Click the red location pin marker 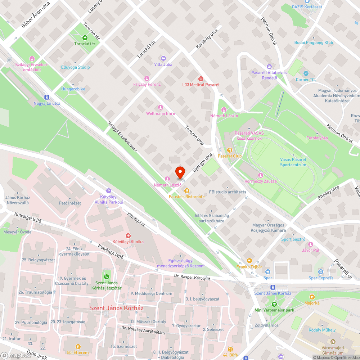pos(180,173)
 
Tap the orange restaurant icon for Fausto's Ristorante pos(186,191)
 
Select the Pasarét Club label pos(230,156)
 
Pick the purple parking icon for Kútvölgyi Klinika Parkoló pos(109,191)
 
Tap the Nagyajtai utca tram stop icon pos(46,97)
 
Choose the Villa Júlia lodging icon pos(163,58)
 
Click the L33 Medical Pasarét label pos(201,85)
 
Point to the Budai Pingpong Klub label pos(314,42)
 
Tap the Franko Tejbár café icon pos(249,261)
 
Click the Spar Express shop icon pos(321,271)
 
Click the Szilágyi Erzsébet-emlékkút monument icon pos(32,58)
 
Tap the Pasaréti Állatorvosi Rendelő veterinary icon pos(269,66)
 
